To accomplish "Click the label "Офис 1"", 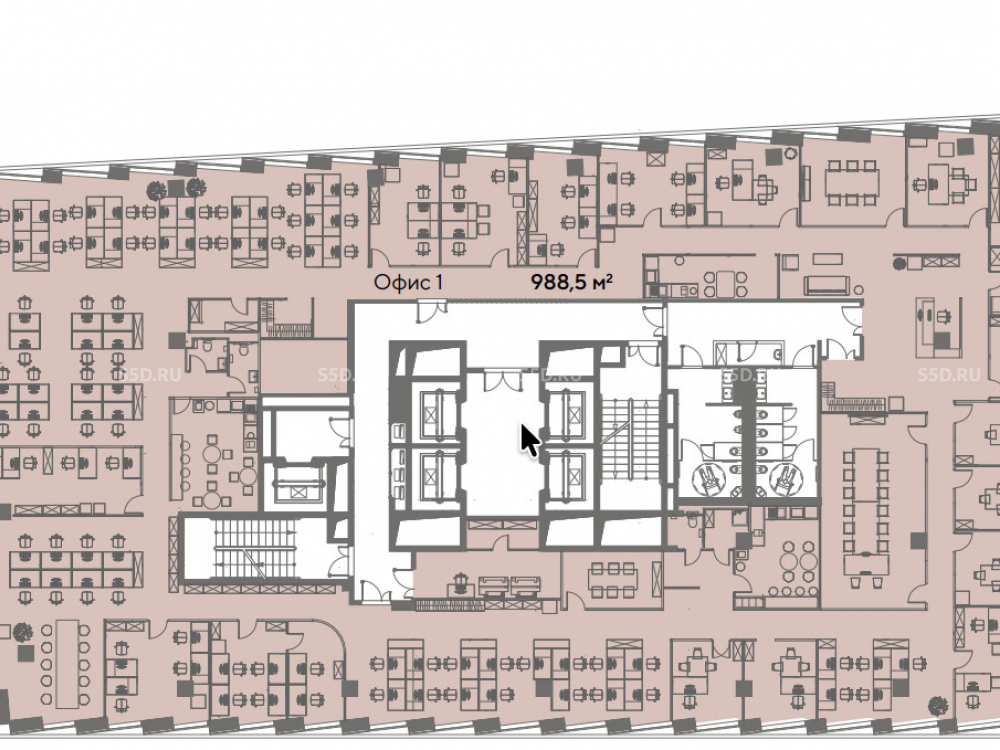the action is (x=408, y=282).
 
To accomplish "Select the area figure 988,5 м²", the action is (x=572, y=281).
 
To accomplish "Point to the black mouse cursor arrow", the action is (x=529, y=441).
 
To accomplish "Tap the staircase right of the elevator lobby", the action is (x=630, y=441).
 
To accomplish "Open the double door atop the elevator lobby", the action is (x=503, y=380).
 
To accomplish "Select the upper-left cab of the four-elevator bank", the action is (x=438, y=415).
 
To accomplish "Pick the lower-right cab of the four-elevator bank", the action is (x=566, y=474).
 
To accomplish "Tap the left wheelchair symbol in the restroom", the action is (x=709, y=478).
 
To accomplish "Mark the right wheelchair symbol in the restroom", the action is (x=784, y=478).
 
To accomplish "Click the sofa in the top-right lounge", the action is (x=827, y=285).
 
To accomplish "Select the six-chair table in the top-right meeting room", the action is (x=851, y=182).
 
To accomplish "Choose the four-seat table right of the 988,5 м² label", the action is (x=725, y=284).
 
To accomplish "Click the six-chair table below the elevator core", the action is (x=612, y=580).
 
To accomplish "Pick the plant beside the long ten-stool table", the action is (x=23, y=631).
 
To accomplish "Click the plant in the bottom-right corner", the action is (x=938, y=705).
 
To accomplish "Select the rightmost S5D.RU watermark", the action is (x=949, y=374).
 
